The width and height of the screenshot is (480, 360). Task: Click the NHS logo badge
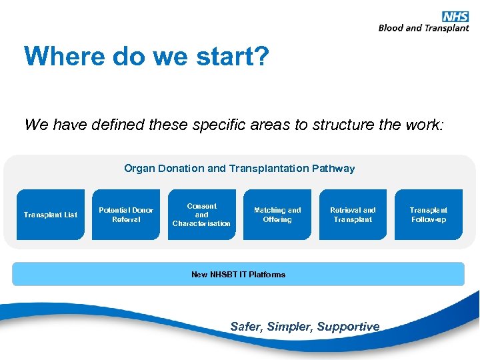(x=455, y=17)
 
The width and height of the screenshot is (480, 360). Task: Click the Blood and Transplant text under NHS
(x=423, y=28)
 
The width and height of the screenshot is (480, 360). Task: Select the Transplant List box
(x=51, y=215)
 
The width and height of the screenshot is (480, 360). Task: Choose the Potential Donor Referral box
(x=126, y=215)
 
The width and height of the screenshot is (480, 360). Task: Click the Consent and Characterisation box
(x=201, y=215)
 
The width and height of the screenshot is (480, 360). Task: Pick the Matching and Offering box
(x=277, y=215)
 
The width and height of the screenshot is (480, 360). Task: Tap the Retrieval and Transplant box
(x=353, y=215)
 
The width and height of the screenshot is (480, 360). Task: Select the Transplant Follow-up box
(x=428, y=215)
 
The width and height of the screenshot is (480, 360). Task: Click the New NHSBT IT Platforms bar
(x=238, y=274)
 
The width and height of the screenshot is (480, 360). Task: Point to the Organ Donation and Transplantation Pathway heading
(x=239, y=169)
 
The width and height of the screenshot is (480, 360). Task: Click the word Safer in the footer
(x=246, y=327)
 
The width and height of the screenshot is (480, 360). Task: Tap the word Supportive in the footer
(x=348, y=327)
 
